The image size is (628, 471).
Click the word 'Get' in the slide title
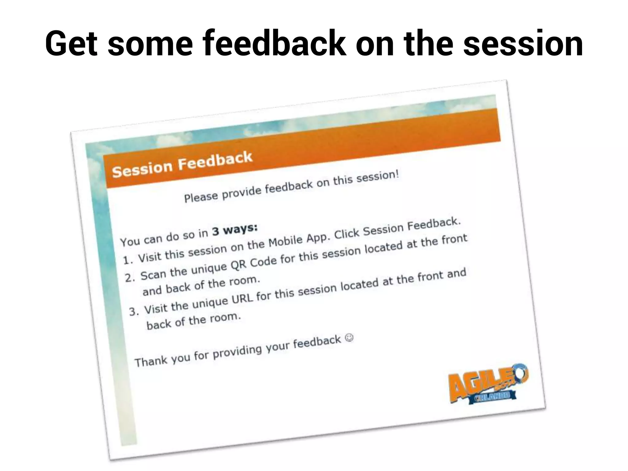(x=71, y=44)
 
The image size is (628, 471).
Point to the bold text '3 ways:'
(x=235, y=229)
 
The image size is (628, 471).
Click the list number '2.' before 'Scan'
(x=130, y=278)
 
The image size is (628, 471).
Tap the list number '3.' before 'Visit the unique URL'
(x=134, y=312)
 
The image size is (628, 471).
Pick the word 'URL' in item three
(x=242, y=298)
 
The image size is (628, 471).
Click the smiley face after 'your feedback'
(x=349, y=338)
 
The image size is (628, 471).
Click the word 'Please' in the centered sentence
(x=201, y=197)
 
